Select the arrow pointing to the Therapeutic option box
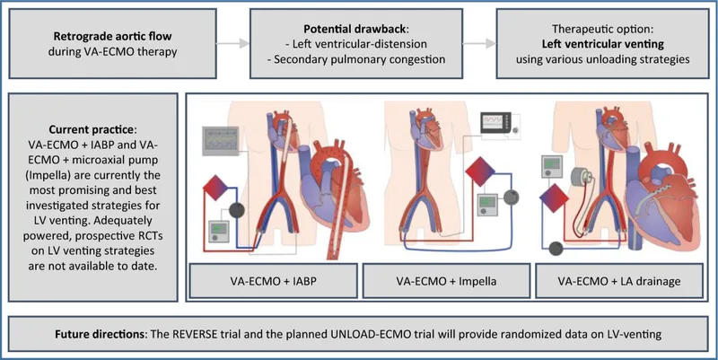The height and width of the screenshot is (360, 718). click(x=481, y=42)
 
